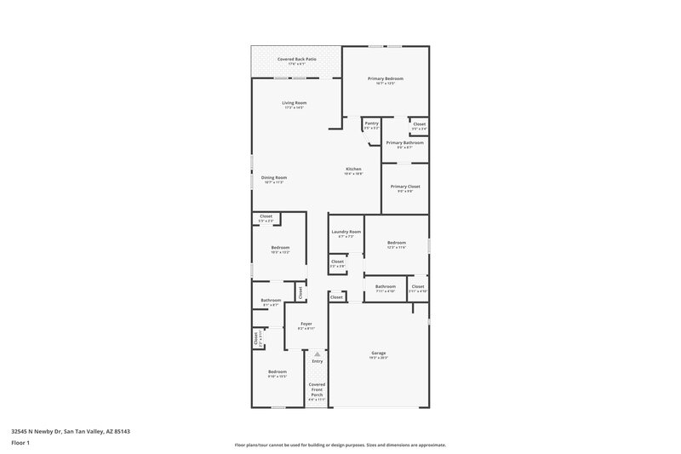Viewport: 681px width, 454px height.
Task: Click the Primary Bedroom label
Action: (x=385, y=78)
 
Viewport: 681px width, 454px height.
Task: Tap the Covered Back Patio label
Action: (x=297, y=59)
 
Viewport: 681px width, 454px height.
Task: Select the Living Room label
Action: (x=295, y=103)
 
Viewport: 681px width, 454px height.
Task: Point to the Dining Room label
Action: (x=273, y=177)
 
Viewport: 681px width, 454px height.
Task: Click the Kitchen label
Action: (x=353, y=169)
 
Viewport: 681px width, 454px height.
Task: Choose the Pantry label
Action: (x=371, y=123)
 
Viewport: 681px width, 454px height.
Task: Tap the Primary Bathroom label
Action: (x=404, y=142)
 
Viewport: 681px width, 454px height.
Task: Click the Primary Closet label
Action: (x=404, y=186)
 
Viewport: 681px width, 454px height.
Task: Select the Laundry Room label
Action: (x=346, y=232)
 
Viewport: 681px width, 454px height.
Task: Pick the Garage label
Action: (x=379, y=353)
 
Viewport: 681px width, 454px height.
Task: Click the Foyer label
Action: (x=306, y=324)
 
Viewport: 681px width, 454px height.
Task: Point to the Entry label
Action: (x=317, y=361)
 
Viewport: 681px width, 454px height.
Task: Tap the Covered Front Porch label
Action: (x=317, y=389)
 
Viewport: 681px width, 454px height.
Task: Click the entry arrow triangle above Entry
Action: (x=317, y=353)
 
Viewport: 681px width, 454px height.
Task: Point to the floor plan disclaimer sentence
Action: (x=340, y=445)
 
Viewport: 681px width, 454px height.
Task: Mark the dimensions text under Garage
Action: (x=379, y=358)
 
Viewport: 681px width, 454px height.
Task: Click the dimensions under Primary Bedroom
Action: (x=385, y=83)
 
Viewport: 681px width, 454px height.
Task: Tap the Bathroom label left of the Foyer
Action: (x=271, y=300)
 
